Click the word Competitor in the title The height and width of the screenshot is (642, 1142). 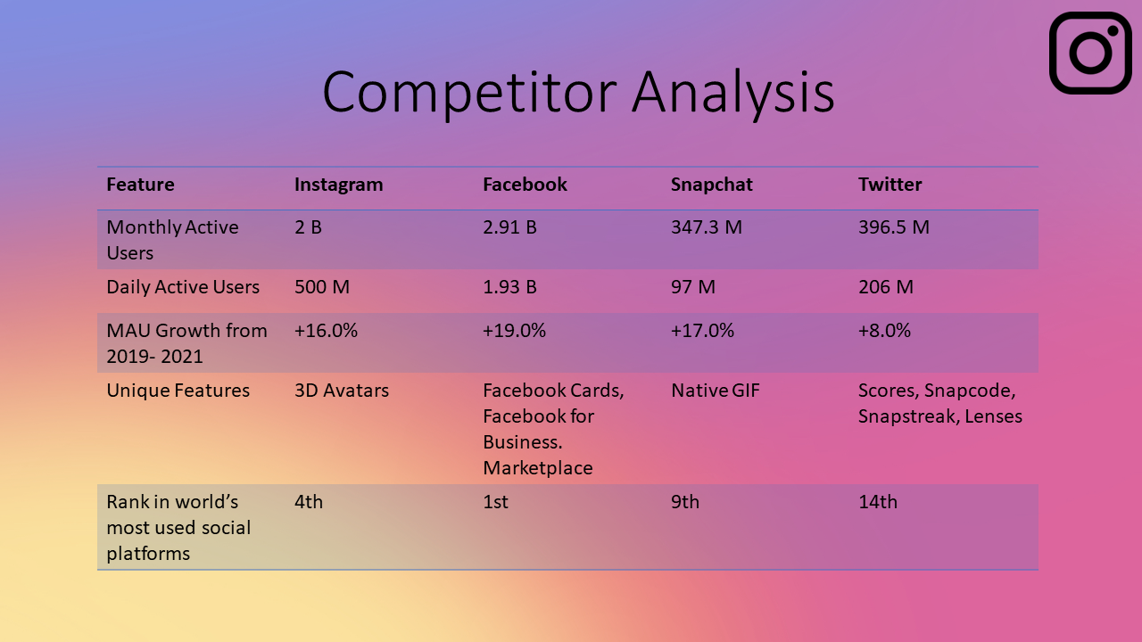(x=469, y=94)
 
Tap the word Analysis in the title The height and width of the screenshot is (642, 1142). (x=733, y=94)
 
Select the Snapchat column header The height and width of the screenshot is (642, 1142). (x=711, y=185)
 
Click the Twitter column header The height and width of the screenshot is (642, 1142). (x=890, y=185)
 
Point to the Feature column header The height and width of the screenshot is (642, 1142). (x=140, y=185)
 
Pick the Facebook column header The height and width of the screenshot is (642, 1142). (x=525, y=185)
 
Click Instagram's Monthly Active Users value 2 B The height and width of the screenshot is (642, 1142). (x=308, y=227)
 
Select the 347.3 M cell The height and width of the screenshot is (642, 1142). (x=706, y=227)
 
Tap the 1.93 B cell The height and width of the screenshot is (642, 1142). (x=509, y=287)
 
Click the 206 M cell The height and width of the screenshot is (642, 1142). (x=886, y=287)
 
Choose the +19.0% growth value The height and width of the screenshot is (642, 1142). (x=514, y=331)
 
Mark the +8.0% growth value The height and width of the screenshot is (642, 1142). (x=884, y=331)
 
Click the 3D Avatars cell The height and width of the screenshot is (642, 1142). (x=342, y=391)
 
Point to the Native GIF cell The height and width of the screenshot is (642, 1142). (x=716, y=391)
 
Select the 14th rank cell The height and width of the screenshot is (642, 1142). (x=878, y=502)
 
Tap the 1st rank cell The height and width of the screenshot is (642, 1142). (x=495, y=502)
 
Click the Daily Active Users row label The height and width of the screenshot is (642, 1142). (x=183, y=287)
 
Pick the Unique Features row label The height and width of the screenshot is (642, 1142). (x=178, y=391)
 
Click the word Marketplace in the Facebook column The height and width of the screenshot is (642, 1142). (x=538, y=468)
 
